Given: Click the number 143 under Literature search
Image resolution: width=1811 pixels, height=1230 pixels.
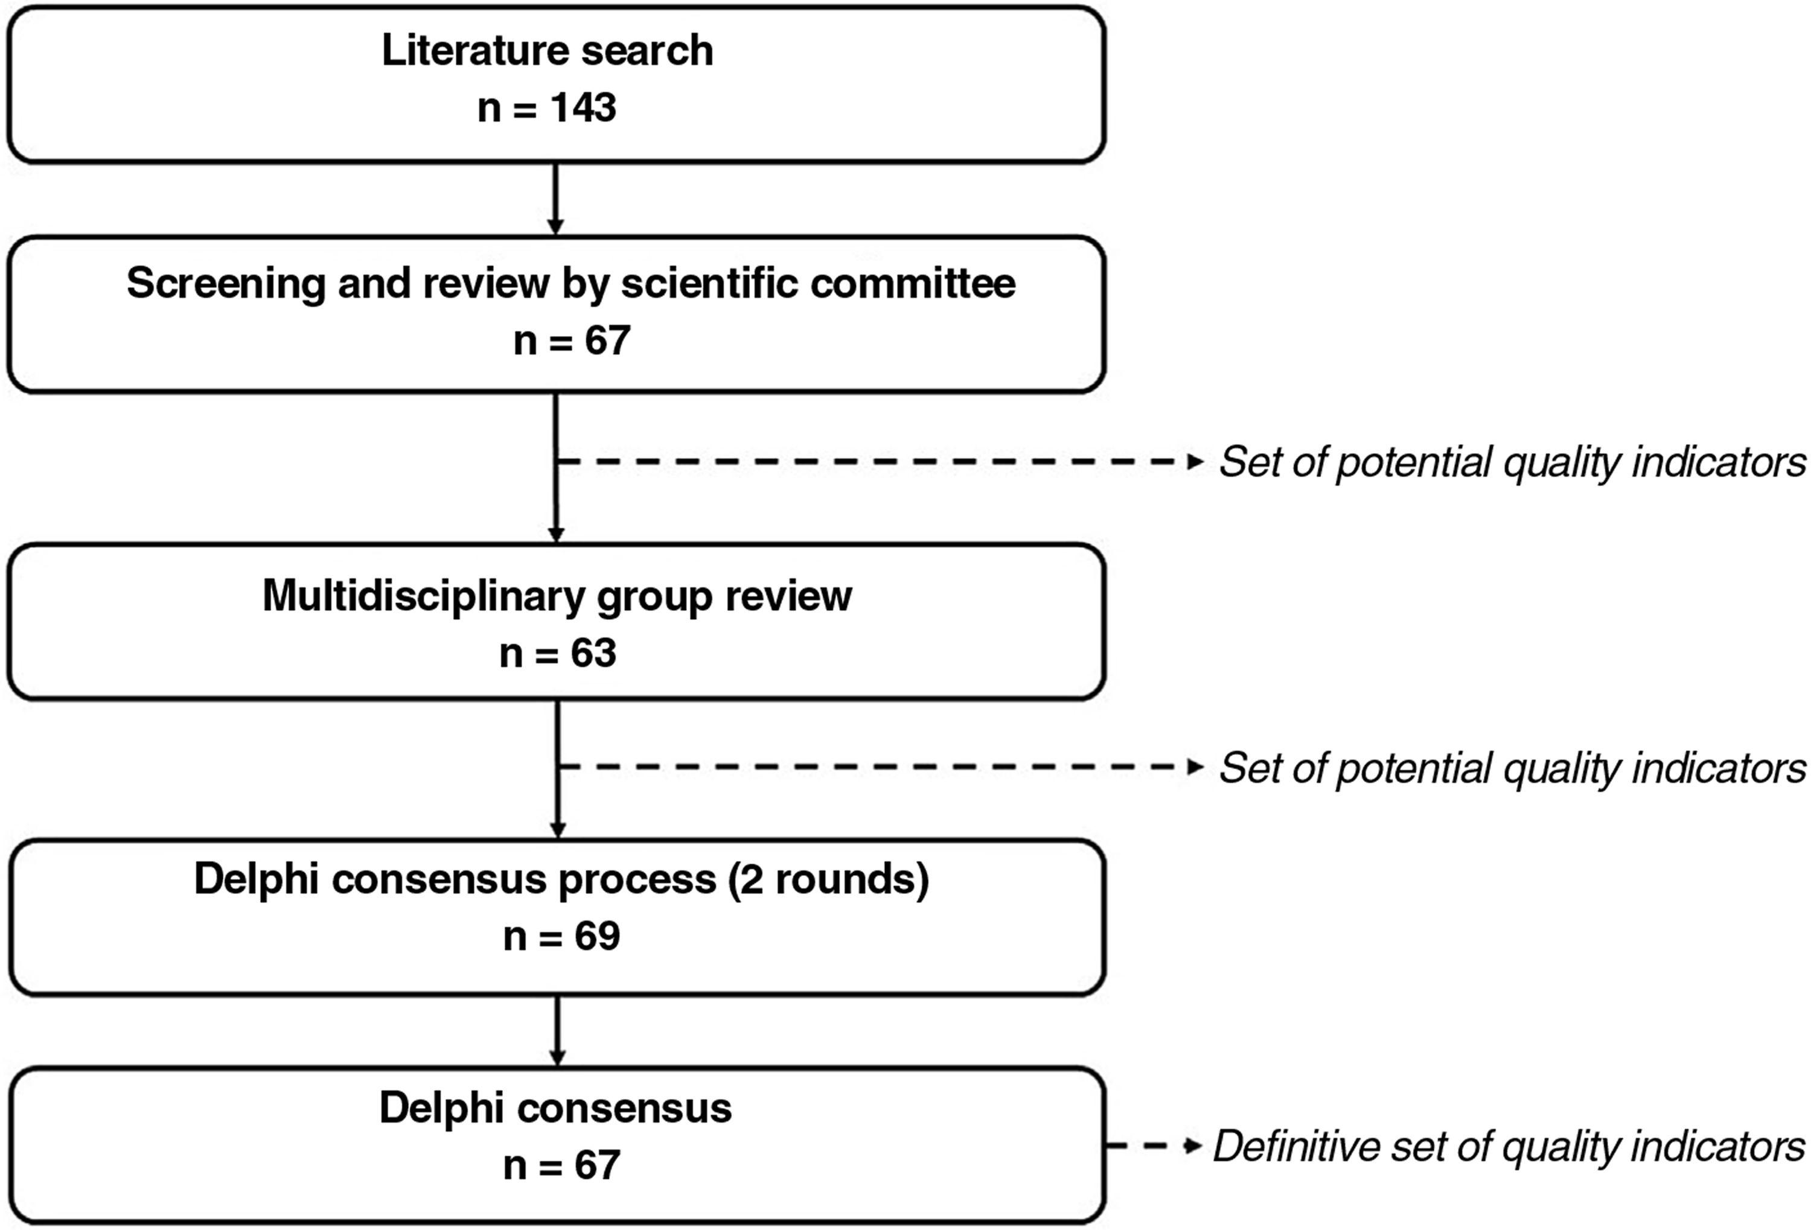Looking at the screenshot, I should click(583, 107).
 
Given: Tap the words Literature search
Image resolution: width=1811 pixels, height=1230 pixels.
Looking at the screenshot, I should click(547, 51).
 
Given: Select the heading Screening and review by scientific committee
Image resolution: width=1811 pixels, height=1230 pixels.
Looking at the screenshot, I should click(570, 283).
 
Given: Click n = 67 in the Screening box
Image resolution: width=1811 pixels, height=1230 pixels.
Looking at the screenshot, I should click(571, 341).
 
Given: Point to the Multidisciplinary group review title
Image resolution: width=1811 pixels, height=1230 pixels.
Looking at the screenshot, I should click(557, 596).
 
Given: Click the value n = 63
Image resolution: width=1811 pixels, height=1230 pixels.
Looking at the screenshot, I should click(558, 653).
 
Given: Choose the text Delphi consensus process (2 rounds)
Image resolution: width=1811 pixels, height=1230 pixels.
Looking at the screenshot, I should click(561, 879).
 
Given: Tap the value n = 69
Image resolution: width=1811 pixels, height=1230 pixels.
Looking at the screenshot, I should click(561, 936).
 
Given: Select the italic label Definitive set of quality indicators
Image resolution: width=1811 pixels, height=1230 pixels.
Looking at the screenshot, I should click(1509, 1147).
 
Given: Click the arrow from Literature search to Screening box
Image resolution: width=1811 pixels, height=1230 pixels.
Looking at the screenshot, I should click(555, 199).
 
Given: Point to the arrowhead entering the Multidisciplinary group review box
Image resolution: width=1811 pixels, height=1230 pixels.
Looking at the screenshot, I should click(555, 536).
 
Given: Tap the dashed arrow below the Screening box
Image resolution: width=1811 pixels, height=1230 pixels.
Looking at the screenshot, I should click(881, 462).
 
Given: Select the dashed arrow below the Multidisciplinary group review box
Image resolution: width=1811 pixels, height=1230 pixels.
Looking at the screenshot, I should click(881, 767).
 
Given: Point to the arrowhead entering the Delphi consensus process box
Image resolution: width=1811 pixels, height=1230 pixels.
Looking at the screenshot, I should click(557, 830).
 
